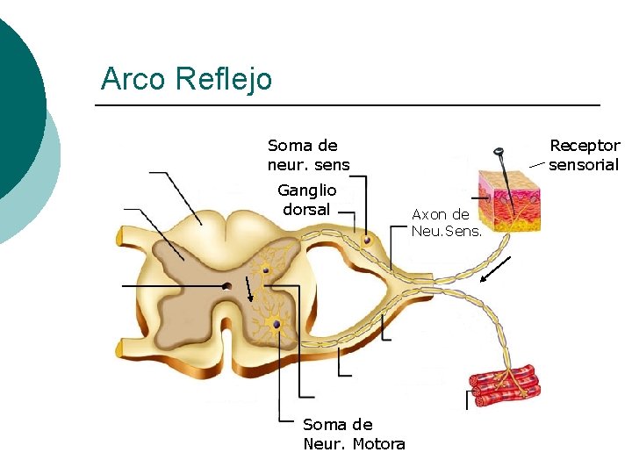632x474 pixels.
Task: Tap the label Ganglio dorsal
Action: point(306,200)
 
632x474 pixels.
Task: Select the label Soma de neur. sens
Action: point(308,154)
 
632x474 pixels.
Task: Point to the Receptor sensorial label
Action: point(584,154)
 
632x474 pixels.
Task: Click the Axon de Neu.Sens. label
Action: point(446,222)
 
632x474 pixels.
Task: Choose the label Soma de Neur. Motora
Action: point(354,434)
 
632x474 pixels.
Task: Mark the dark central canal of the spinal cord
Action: point(226,285)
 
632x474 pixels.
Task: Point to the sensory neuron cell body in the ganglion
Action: point(368,240)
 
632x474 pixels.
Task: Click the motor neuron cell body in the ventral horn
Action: point(276,325)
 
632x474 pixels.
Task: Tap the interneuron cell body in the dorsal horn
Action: point(265,272)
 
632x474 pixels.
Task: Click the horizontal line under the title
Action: point(347,106)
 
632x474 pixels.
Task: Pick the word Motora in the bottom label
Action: point(378,443)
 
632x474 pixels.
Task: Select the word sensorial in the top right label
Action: point(584,164)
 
